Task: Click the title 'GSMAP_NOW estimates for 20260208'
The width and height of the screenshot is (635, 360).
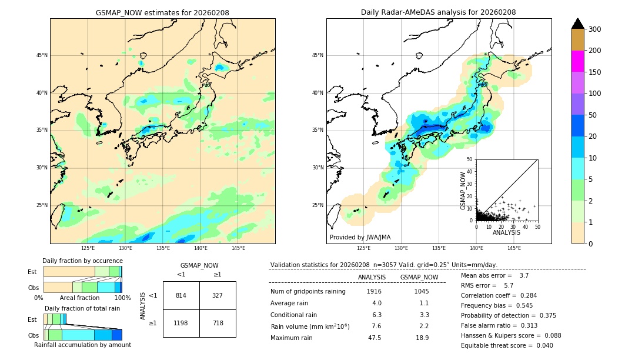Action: point(162,12)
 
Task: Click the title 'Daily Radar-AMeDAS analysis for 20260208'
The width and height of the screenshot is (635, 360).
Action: point(439,12)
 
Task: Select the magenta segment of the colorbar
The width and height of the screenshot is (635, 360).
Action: point(577,61)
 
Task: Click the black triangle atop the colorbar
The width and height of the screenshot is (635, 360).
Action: point(577,24)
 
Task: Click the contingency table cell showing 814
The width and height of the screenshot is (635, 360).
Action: point(181,295)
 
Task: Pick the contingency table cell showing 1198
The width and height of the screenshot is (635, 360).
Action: point(181,323)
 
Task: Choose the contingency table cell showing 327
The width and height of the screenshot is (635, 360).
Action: point(218,295)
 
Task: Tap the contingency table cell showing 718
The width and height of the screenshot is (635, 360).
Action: point(218,323)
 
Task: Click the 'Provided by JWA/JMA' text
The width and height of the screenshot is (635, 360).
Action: point(360,237)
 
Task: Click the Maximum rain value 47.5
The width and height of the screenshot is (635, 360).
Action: point(374,338)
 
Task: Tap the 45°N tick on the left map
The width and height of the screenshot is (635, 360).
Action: point(42,55)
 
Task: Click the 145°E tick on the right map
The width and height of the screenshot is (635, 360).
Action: point(514,248)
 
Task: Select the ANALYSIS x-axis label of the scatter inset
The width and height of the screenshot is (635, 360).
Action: point(506,232)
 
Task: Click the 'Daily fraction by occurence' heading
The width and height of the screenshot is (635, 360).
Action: point(82,261)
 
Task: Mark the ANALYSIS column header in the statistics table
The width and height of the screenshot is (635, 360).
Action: point(372,277)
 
